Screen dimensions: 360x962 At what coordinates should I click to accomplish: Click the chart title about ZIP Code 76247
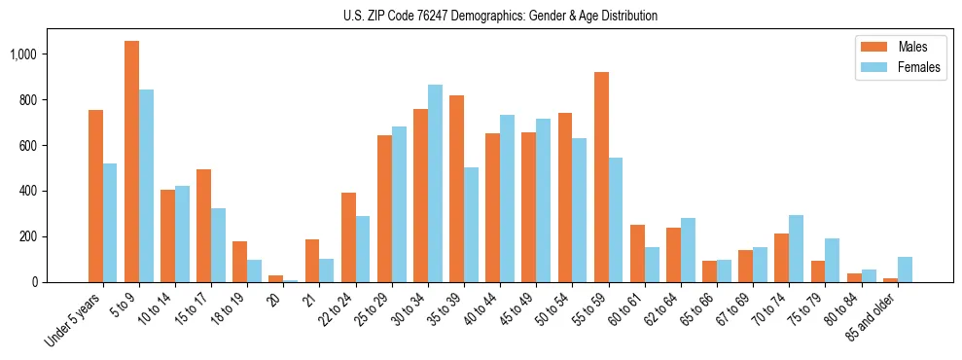click(x=500, y=16)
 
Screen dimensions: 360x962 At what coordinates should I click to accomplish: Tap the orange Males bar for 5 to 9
click(x=132, y=162)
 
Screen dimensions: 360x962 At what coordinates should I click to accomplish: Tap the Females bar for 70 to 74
click(x=797, y=249)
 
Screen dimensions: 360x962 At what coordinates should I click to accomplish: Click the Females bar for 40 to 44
click(x=507, y=198)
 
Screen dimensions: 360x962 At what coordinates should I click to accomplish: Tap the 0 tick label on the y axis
click(x=42, y=282)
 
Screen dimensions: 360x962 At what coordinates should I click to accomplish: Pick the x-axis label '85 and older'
click(x=869, y=316)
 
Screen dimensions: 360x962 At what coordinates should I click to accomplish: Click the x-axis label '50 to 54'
click(x=552, y=309)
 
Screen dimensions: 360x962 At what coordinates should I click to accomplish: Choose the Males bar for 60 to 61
click(x=637, y=254)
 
